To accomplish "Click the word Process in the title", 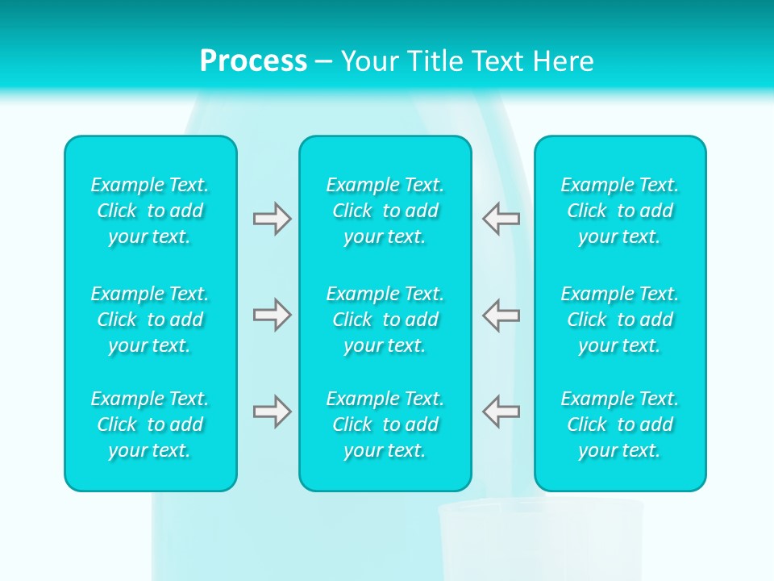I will click(x=253, y=61).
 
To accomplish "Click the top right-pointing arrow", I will click(x=272, y=219).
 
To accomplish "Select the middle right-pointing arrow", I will click(x=272, y=315).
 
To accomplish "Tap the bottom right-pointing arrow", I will click(x=272, y=412).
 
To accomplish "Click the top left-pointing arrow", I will click(x=501, y=219).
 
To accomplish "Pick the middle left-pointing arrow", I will click(x=501, y=315).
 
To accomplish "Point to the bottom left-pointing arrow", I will click(x=501, y=412).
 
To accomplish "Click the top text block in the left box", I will click(x=150, y=211).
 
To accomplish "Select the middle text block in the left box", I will click(x=150, y=320).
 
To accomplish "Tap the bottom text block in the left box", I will click(x=150, y=424).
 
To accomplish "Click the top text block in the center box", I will click(x=385, y=211).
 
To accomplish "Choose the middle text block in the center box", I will click(x=385, y=320).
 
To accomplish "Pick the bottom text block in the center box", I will click(x=385, y=424).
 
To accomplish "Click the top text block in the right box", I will click(x=620, y=211).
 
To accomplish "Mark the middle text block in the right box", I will click(x=620, y=320).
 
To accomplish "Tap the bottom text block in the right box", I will click(x=620, y=424).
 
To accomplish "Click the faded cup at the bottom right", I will click(x=540, y=541).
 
